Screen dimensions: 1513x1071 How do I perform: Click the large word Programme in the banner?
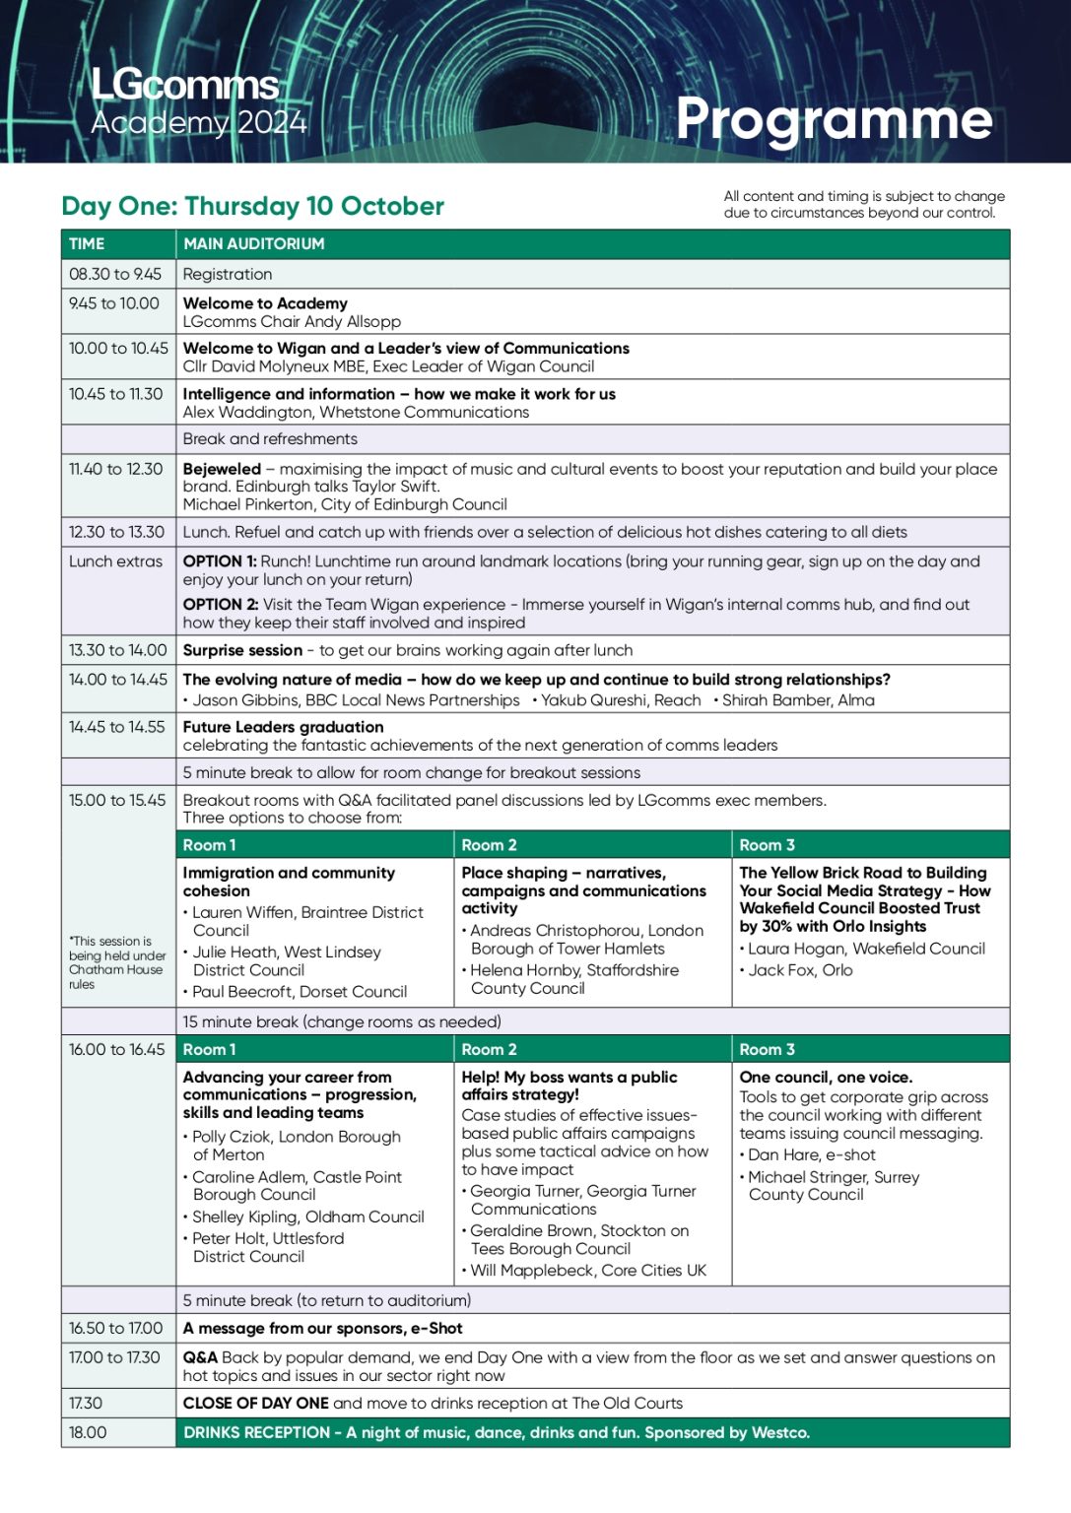834,119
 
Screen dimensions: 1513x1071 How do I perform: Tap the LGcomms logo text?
185,85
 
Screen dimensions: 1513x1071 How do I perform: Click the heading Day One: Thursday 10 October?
252,206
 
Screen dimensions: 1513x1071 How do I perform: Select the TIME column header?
87,243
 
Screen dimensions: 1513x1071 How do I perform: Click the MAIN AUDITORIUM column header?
253,243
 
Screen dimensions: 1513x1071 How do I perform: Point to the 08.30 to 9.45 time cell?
115,274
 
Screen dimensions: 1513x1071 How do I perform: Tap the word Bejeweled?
222,469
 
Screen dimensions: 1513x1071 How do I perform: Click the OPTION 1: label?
220,560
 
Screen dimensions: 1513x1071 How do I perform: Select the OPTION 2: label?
221,604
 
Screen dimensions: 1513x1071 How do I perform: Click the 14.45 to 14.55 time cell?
116,727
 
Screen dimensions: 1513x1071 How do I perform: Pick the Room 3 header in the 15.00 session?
767,845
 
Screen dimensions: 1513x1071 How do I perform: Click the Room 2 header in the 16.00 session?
489,1050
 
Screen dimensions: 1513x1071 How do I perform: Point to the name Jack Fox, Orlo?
800,970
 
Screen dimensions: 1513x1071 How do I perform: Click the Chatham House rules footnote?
116,962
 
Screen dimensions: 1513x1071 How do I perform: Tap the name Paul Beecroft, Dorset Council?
300,992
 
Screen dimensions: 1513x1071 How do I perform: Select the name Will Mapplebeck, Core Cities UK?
588,1271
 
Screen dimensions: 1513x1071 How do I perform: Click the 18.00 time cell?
88,1432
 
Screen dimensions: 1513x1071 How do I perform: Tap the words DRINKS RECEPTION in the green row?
257,1432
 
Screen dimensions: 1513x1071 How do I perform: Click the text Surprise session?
242,650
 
